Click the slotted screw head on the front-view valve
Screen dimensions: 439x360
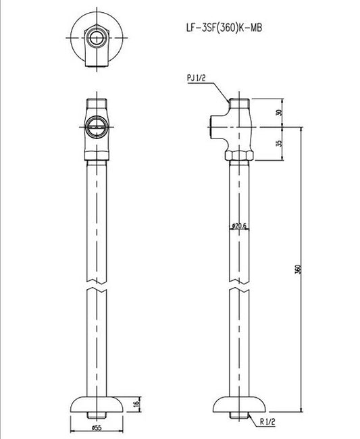click(96, 126)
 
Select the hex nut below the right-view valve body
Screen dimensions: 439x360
click(239, 155)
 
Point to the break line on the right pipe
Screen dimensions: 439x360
click(239, 290)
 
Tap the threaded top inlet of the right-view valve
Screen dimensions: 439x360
click(239, 105)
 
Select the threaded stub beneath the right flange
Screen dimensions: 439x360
click(239, 415)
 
